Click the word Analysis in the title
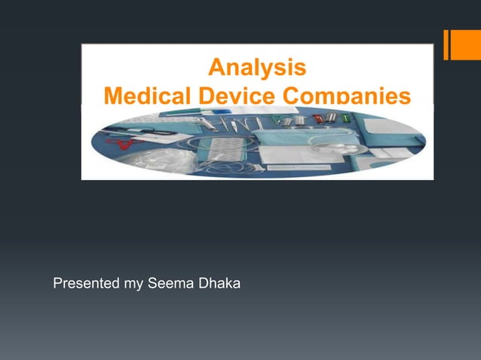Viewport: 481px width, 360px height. click(x=257, y=69)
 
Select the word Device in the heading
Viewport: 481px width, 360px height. click(x=235, y=96)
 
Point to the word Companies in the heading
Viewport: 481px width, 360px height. click(x=346, y=96)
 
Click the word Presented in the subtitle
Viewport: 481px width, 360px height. click(x=84, y=284)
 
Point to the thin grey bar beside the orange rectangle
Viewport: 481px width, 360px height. click(x=446, y=44)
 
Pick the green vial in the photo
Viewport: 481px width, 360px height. click(x=345, y=118)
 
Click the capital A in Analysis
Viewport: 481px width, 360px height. click(x=216, y=69)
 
